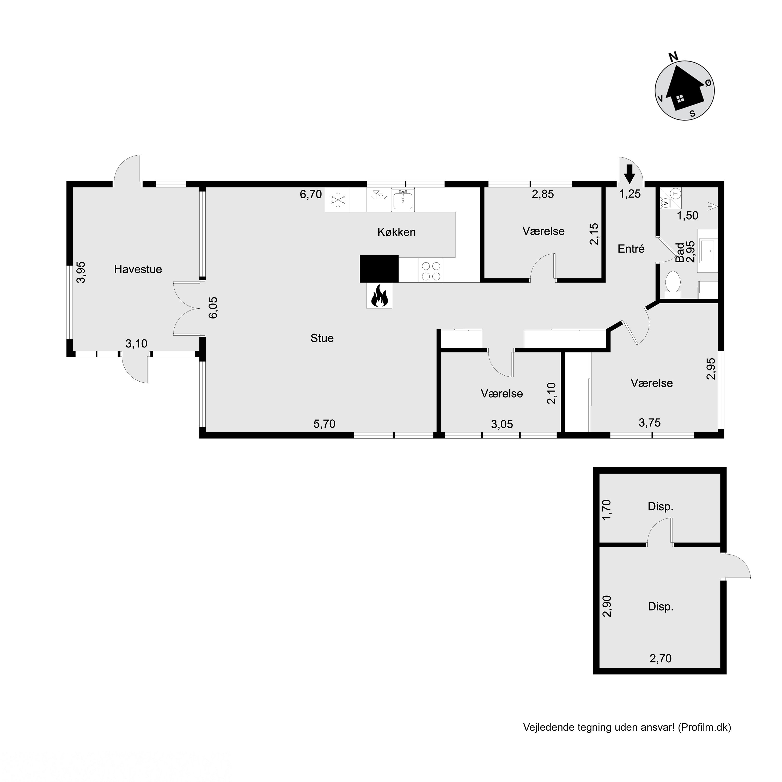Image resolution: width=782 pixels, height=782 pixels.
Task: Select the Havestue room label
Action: [x=138, y=269]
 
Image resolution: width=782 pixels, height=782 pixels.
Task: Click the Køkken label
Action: [x=397, y=232]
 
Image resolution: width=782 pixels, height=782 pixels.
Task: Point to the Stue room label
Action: [x=322, y=338]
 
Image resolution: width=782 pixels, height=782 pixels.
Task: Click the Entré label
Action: [x=631, y=248]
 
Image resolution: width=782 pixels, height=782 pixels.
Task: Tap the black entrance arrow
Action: [x=630, y=174]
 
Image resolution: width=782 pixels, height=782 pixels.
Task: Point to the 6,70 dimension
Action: [x=311, y=194]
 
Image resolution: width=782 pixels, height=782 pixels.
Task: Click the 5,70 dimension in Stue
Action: [x=325, y=424]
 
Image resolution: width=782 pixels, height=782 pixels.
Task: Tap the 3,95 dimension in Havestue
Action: [x=81, y=272]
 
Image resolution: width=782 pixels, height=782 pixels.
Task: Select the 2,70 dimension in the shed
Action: [x=661, y=658]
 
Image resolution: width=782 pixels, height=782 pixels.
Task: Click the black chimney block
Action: [x=379, y=268]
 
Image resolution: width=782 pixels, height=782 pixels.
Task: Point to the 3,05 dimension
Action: [x=502, y=424]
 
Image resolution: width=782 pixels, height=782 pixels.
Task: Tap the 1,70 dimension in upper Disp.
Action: [x=607, y=510]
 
